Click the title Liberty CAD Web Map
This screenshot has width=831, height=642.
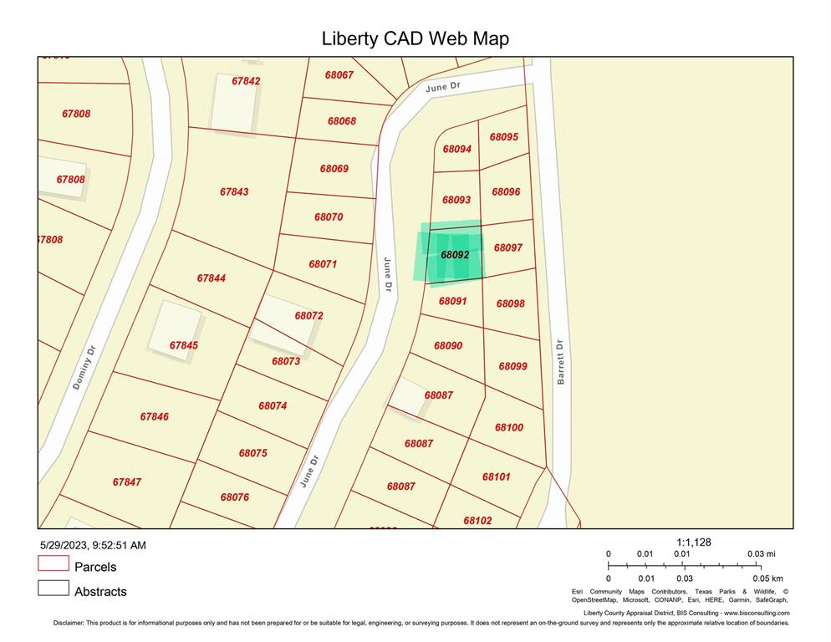[x=415, y=38]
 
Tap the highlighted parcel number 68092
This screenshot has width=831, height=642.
[x=455, y=254]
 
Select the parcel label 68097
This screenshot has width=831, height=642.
[x=508, y=247]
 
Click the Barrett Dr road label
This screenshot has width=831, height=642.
[x=561, y=361]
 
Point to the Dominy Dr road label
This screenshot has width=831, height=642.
[x=85, y=369]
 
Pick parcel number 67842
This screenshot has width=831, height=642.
[x=246, y=81]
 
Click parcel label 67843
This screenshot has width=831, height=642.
[x=234, y=191]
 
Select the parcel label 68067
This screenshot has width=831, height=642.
[x=339, y=74]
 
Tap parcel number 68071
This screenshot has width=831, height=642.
[x=323, y=264]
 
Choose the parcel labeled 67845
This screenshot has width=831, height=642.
[x=184, y=345]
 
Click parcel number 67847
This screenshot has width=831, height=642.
[x=127, y=482]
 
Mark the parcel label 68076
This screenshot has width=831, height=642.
[x=235, y=497]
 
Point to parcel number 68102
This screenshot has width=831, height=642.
[x=478, y=521]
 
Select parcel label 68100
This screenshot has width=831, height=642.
[x=509, y=427]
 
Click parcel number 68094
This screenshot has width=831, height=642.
[x=457, y=149]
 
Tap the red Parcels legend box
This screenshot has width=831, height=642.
[x=53, y=563]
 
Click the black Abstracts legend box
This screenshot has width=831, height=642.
[x=53, y=588]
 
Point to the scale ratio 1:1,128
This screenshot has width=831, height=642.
[x=694, y=543]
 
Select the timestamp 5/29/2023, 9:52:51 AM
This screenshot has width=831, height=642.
[x=94, y=545]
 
